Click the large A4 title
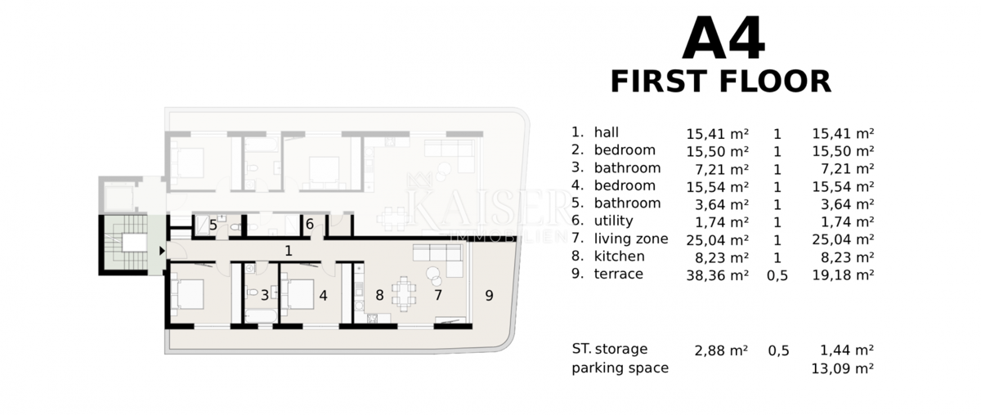pyautogui.click(x=723, y=38)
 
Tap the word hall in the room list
pyautogui.click(x=606, y=132)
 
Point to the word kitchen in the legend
pyautogui.click(x=620, y=256)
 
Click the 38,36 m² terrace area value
pyautogui.click(x=718, y=275)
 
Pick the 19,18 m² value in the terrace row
pyautogui.click(x=843, y=275)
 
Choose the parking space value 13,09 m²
pyautogui.click(x=843, y=368)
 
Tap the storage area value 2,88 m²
pyautogui.click(x=721, y=350)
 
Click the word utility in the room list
pyautogui.click(x=613, y=221)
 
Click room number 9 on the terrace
pyautogui.click(x=489, y=296)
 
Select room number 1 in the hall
pyautogui.click(x=288, y=251)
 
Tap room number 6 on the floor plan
pyautogui.click(x=310, y=224)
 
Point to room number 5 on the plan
pyautogui.click(x=213, y=225)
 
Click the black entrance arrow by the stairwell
pyautogui.click(x=162, y=251)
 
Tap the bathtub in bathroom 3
pyautogui.click(x=261, y=316)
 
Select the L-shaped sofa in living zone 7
pyautogui.click(x=438, y=260)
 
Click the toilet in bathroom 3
pyautogui.click(x=252, y=292)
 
